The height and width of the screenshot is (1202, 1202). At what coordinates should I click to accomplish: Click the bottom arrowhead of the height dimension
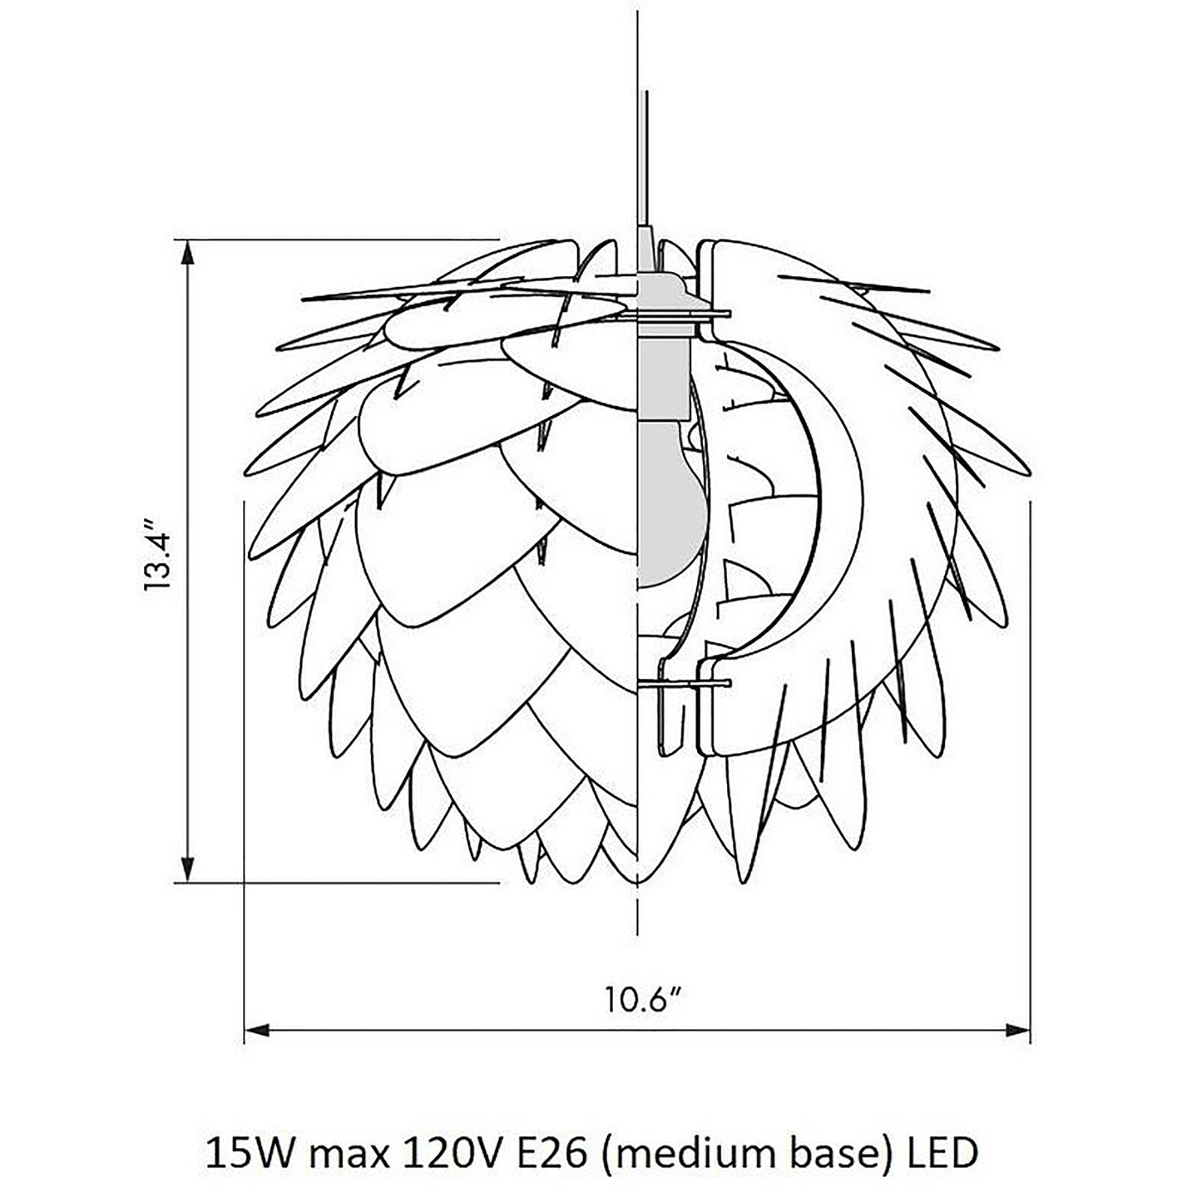189,871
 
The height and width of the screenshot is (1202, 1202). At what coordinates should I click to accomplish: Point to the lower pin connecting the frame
686,684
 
